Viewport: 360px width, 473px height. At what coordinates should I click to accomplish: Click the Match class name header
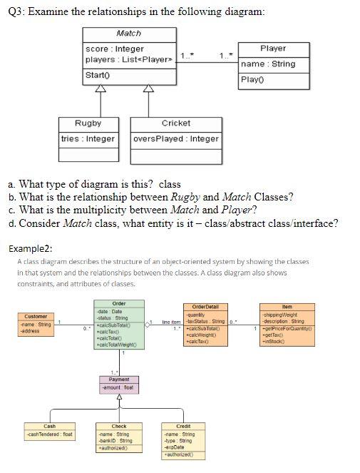point(128,34)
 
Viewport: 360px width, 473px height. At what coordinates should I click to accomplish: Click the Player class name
point(273,49)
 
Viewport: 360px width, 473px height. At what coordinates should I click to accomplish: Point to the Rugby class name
point(88,123)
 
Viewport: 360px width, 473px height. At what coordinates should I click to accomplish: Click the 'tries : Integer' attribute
point(88,138)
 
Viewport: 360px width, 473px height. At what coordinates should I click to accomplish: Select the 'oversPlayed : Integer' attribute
point(176,138)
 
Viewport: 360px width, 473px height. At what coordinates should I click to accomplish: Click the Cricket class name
point(176,123)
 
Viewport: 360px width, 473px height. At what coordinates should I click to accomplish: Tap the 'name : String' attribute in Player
point(268,64)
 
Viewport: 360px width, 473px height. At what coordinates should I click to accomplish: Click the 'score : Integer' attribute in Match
point(115,49)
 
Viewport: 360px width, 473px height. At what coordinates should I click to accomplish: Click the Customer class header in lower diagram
point(36,316)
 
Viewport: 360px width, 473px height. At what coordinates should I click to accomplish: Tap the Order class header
point(119,304)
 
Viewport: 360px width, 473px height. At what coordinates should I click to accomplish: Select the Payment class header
point(119,379)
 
